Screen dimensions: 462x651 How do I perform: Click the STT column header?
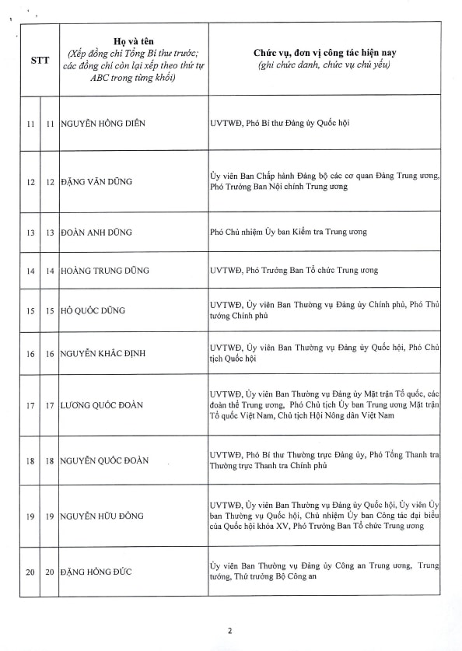[x=40, y=61]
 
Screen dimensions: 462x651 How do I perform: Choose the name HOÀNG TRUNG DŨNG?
[x=105, y=271]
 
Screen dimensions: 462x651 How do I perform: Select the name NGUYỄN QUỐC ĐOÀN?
[x=107, y=461]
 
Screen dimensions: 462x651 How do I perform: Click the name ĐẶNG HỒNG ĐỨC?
[x=98, y=572]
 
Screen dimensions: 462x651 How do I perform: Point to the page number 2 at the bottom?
[x=230, y=631]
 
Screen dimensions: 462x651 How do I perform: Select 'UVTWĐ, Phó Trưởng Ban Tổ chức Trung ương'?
[x=294, y=271]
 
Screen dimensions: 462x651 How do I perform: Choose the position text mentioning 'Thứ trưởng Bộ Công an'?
[x=325, y=572]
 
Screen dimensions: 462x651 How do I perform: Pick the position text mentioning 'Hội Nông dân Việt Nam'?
[x=325, y=405]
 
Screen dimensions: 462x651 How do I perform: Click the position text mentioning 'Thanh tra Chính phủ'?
[x=325, y=461]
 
